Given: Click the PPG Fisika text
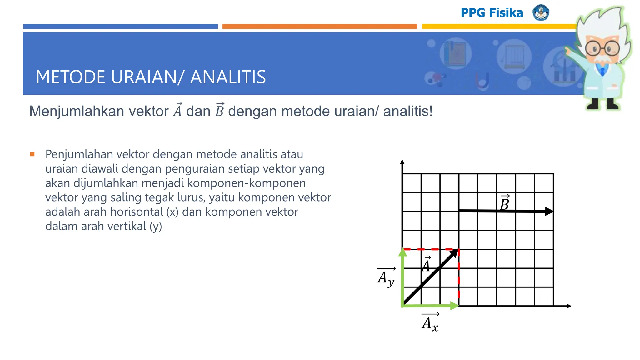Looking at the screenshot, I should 492,13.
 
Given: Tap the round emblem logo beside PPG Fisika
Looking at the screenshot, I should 541,12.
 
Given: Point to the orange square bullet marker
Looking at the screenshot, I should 32,154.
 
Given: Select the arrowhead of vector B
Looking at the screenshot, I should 549,212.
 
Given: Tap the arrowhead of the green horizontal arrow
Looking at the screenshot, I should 454,306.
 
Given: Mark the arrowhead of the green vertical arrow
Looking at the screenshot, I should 403,252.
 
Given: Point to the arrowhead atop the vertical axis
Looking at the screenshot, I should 402,162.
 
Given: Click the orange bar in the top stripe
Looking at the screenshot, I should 319,27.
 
